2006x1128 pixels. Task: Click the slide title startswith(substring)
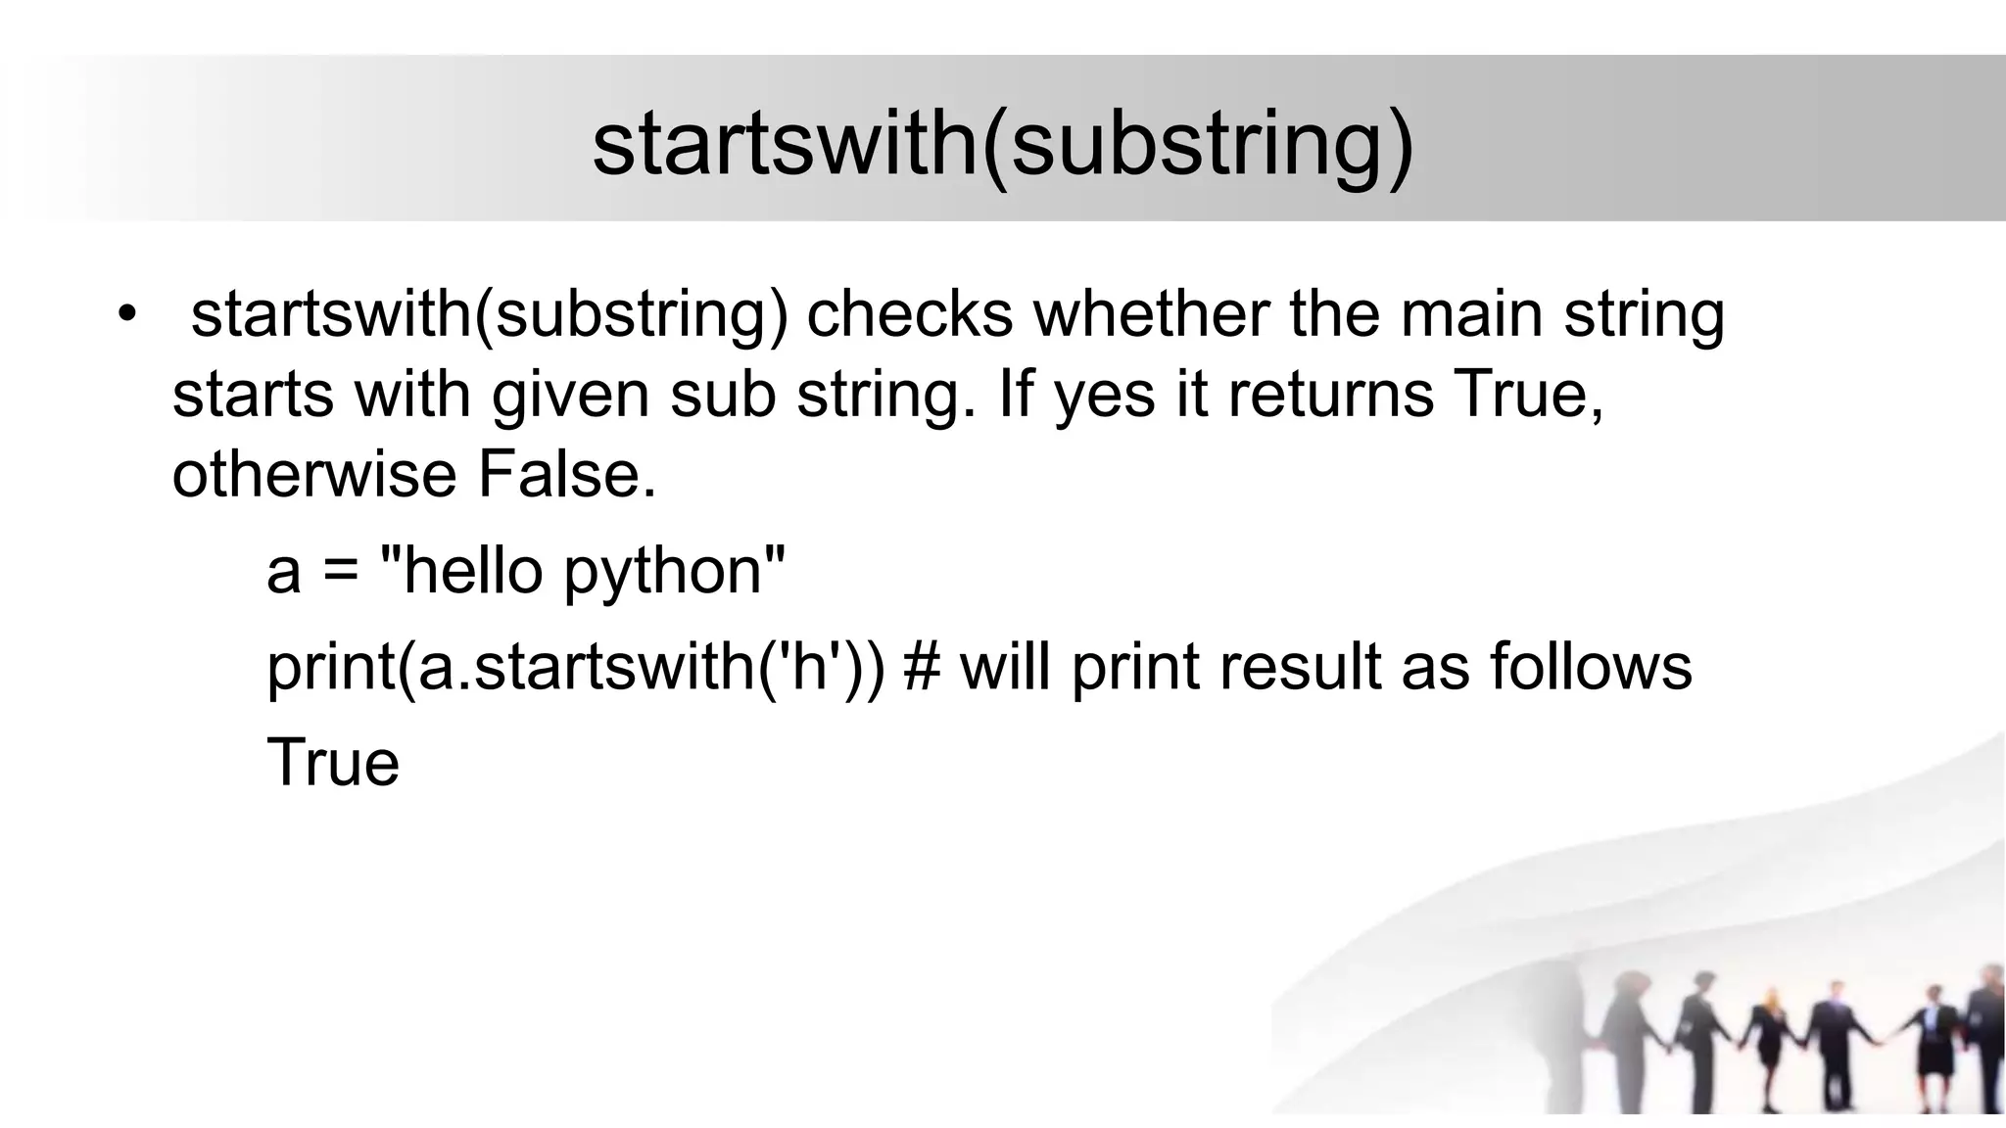point(1003,144)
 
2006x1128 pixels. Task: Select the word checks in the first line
point(909,315)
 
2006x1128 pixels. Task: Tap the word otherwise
point(314,475)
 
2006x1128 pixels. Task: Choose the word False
point(566,475)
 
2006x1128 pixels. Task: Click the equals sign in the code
point(340,571)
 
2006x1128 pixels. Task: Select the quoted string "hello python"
point(582,571)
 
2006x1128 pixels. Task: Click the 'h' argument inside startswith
point(810,666)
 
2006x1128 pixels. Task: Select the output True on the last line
point(333,763)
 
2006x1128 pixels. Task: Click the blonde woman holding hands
point(1769,1038)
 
